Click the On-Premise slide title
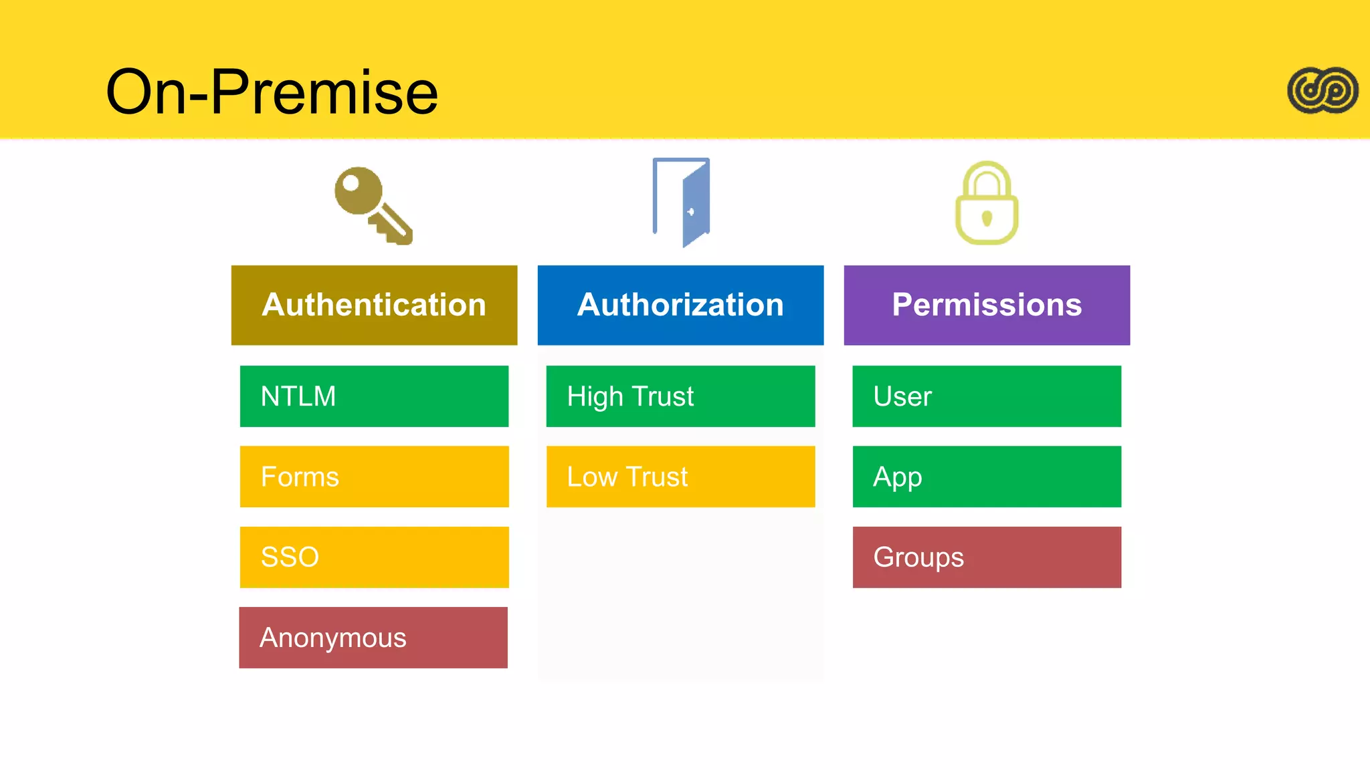[x=272, y=92]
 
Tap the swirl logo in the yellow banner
[x=1323, y=90]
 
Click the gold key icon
[x=373, y=205]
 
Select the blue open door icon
[x=682, y=202]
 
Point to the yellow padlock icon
[x=987, y=203]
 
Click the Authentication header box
[x=374, y=305]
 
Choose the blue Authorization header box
[x=680, y=305]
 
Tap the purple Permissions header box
[x=987, y=305]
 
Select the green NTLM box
[x=374, y=396]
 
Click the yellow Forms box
[x=374, y=477]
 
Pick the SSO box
[x=374, y=557]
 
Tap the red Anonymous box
[x=373, y=638]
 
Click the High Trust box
[x=680, y=396]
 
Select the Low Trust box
[x=680, y=477]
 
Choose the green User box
[x=987, y=396]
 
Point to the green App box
[x=987, y=477]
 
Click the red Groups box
[x=987, y=557]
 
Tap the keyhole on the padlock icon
[x=987, y=218]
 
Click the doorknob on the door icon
[x=691, y=212]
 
